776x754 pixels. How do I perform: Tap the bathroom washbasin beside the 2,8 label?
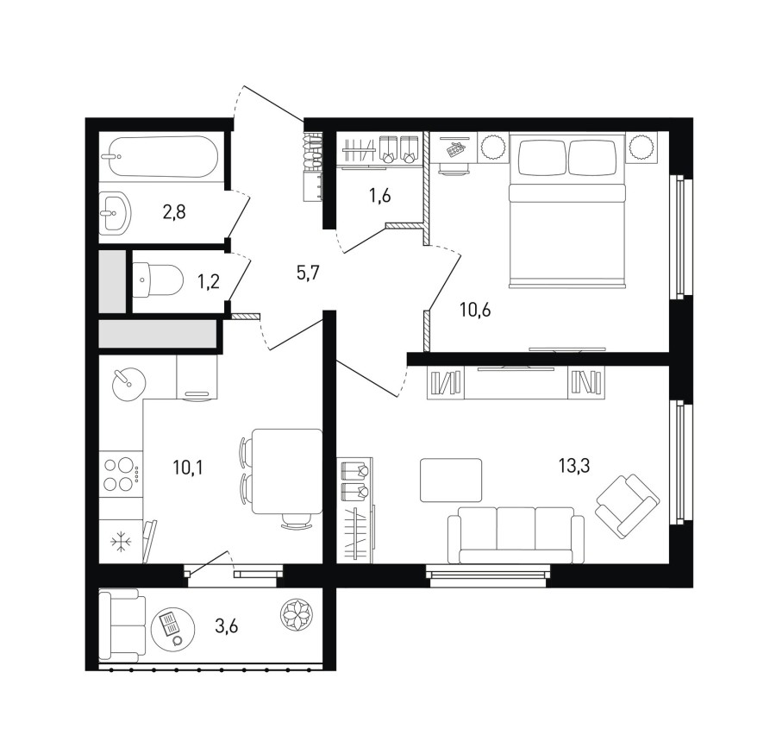[x=116, y=213]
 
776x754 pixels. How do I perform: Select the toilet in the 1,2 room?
[x=158, y=280]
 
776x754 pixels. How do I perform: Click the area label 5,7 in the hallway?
[x=309, y=273]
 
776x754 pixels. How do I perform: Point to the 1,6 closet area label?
[x=379, y=196]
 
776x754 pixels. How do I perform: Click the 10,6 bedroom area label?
[x=475, y=311]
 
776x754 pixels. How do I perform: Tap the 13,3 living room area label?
[x=574, y=466]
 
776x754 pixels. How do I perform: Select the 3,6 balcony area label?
[x=226, y=626]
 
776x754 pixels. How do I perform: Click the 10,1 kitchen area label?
[x=188, y=467]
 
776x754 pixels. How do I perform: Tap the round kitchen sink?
[x=128, y=384]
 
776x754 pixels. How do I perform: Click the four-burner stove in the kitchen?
[x=122, y=474]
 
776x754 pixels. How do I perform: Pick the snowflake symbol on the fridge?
[x=121, y=541]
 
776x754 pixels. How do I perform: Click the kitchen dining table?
[x=287, y=472]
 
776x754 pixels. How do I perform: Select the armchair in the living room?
[x=628, y=506]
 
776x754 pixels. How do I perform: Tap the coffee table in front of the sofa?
[x=451, y=480]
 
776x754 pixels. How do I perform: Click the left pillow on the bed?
[x=541, y=156]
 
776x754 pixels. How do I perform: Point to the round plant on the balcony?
[x=297, y=615]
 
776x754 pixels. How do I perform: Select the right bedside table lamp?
[x=641, y=147]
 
